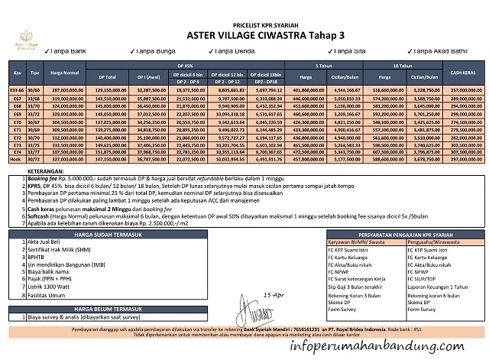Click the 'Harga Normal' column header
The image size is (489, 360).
(x=65, y=73)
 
